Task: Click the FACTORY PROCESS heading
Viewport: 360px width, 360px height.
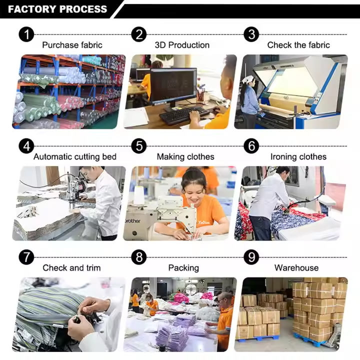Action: coord(57,9)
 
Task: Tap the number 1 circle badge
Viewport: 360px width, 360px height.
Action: coord(26,34)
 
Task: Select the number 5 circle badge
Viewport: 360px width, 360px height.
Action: coord(139,146)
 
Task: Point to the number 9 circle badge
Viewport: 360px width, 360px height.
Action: coord(251,257)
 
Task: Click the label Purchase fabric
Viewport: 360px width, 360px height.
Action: coord(72,45)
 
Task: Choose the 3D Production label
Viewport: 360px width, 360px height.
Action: coord(182,45)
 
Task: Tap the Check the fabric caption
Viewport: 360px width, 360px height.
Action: coord(298,45)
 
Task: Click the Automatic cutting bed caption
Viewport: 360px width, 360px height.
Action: coord(75,156)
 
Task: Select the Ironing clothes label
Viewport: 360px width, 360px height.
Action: coord(298,156)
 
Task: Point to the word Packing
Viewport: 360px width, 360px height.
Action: coord(183,268)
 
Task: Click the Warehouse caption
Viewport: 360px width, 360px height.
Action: coord(296,267)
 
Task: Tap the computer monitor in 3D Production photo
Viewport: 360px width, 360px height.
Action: coord(173,86)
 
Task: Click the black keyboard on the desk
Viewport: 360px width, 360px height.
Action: coord(184,115)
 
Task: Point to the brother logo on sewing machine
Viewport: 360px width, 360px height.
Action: coord(132,221)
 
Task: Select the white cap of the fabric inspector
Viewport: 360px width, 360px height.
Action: coord(247,79)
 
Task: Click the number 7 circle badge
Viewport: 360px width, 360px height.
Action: coord(26,257)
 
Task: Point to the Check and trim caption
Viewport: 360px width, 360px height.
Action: coord(71,267)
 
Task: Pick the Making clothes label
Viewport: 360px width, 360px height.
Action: coord(185,156)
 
